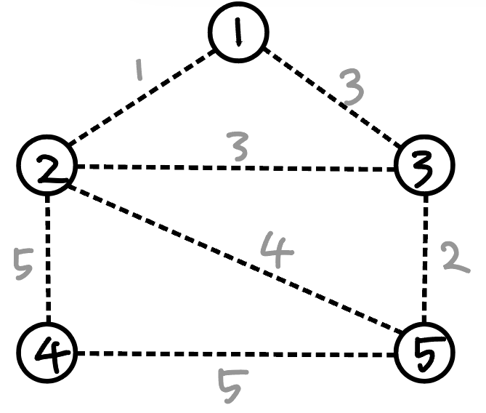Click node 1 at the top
(238, 32)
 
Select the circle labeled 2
(49, 167)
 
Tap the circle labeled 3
(424, 167)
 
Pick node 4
(49, 353)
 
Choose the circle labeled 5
(424, 353)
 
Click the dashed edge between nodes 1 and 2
(142, 97)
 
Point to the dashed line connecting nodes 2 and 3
(236, 169)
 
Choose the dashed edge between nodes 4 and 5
(236, 354)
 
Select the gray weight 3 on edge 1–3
(352, 88)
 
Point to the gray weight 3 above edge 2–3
(236, 147)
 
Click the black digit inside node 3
(424, 167)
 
